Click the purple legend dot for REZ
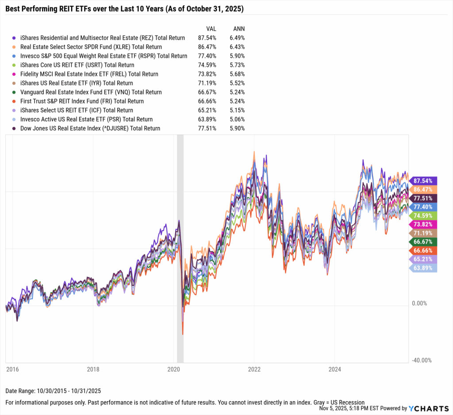pos(15,38)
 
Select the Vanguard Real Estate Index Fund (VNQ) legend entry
pos(91,92)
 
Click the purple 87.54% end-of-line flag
pos(424,181)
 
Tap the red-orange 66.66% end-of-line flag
pos(424,250)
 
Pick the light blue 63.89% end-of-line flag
pos(424,268)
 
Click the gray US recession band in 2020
pos(180,247)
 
